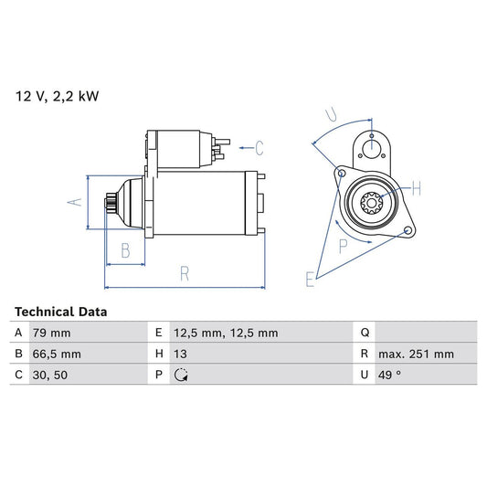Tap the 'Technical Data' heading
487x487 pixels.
coord(60,312)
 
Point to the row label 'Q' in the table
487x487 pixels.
coord(365,333)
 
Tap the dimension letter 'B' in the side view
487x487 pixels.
coord(126,249)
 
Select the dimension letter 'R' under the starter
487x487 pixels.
coord(184,271)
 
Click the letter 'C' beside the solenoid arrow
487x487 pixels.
coord(259,146)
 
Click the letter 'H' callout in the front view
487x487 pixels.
coord(416,188)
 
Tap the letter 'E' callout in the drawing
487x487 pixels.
coord(310,279)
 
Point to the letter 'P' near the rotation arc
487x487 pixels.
coord(344,245)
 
